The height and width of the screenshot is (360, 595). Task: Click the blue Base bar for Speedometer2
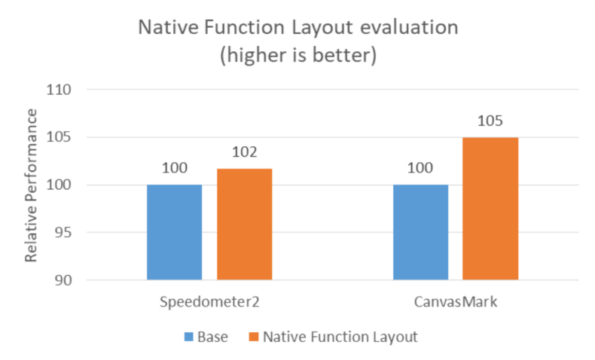(x=175, y=232)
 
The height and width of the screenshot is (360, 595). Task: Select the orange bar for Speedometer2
(x=244, y=224)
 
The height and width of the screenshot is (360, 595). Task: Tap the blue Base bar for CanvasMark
(x=420, y=232)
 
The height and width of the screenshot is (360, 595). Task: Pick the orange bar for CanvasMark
(x=490, y=209)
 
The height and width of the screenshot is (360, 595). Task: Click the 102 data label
(x=244, y=152)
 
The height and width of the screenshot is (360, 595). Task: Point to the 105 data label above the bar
(x=490, y=121)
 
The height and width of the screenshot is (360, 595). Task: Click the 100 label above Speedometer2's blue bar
(x=175, y=168)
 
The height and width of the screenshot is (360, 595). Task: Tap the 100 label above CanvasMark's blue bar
(x=420, y=168)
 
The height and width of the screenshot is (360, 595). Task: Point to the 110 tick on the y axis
(x=59, y=90)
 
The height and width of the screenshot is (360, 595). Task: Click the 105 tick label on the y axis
(x=59, y=137)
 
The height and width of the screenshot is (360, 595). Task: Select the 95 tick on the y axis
(x=63, y=233)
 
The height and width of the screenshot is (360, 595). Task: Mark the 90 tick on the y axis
(x=63, y=280)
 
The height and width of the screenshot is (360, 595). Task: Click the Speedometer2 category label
(x=209, y=302)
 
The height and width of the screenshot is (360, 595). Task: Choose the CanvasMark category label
(x=456, y=302)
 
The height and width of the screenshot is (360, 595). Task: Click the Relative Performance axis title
(x=31, y=185)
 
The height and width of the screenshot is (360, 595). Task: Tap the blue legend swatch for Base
(x=188, y=337)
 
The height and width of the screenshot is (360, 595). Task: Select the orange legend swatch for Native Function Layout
(x=254, y=337)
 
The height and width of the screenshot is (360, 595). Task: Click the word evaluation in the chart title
(x=409, y=28)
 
